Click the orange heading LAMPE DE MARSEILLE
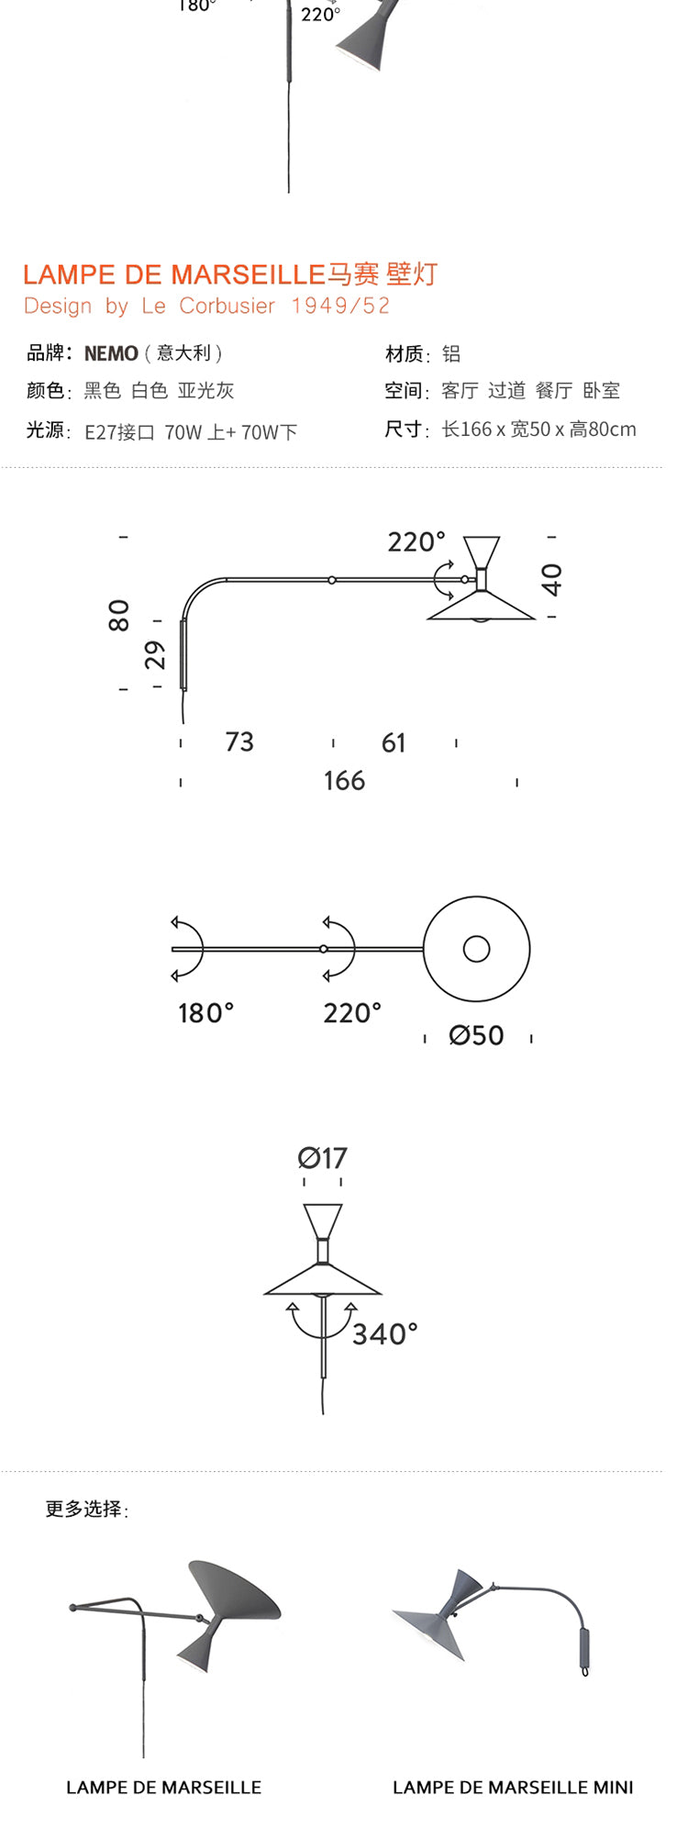click(x=174, y=274)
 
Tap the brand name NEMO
click(x=111, y=353)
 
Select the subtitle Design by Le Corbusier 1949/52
click(x=206, y=306)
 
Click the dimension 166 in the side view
click(x=344, y=781)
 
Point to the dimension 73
click(x=239, y=741)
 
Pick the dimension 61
click(x=394, y=742)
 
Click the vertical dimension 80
click(x=119, y=615)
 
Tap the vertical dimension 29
click(x=156, y=654)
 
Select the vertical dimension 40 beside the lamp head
click(x=551, y=579)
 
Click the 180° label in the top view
click(x=205, y=1013)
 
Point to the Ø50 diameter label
click(x=476, y=1035)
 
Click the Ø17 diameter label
click(x=322, y=1158)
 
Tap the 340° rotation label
click(x=384, y=1333)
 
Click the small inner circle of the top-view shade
click(x=476, y=949)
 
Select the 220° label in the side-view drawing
click(x=416, y=542)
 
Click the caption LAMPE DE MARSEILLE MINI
click(x=513, y=1788)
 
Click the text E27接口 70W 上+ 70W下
click(x=191, y=432)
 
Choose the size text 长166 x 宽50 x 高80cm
click(x=538, y=429)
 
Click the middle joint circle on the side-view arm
click(x=332, y=580)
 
